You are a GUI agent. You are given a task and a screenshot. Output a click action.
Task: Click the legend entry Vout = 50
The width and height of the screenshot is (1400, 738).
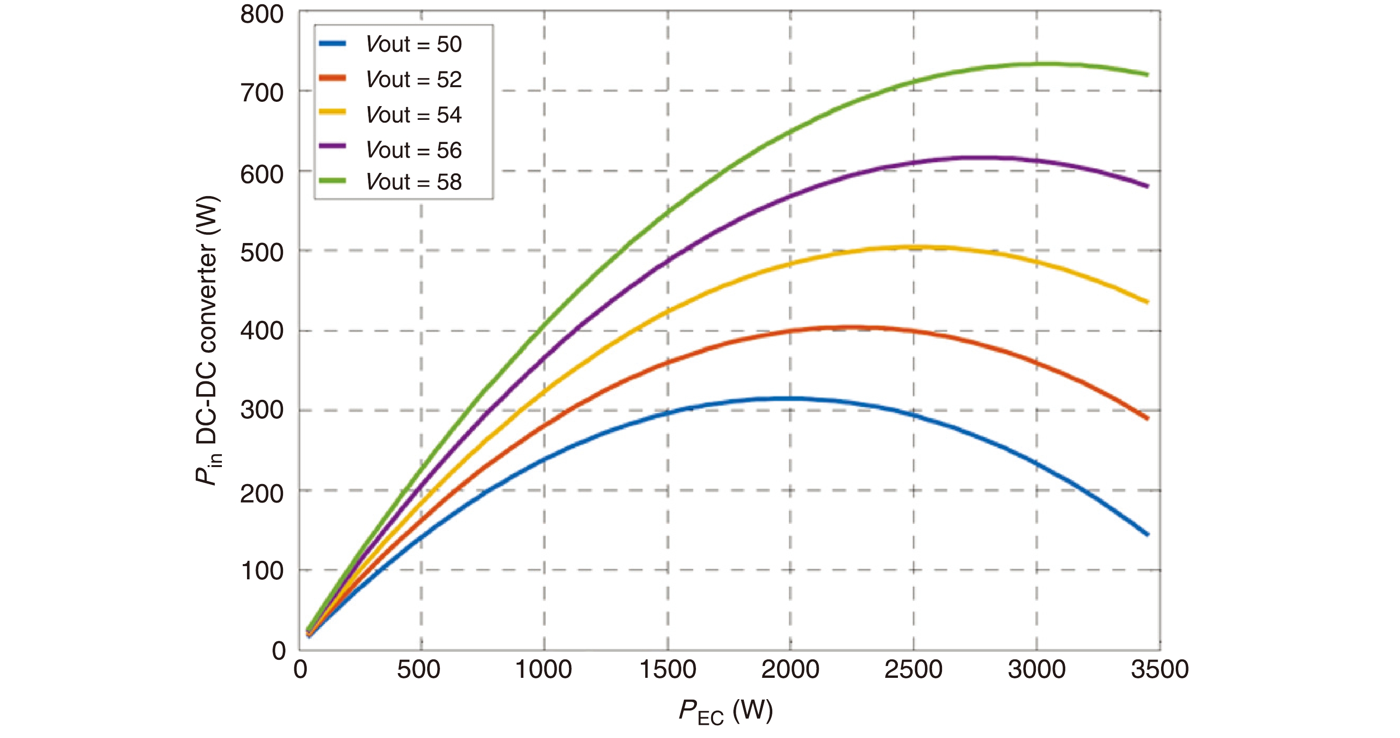(413, 44)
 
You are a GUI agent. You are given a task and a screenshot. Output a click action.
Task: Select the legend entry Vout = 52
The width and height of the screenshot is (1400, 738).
(413, 79)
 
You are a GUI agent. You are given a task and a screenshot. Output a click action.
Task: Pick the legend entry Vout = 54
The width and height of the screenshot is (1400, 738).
(413, 115)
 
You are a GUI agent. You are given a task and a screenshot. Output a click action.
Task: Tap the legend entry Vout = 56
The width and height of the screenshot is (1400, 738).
(413, 150)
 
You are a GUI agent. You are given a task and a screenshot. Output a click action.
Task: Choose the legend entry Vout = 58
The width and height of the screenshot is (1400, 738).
(413, 182)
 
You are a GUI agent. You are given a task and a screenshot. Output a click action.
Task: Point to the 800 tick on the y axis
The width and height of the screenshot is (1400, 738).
(262, 14)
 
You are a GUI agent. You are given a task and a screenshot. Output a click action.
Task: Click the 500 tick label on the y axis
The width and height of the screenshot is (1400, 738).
(262, 252)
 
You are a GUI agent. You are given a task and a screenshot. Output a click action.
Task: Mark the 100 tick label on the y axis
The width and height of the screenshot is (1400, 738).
(262, 571)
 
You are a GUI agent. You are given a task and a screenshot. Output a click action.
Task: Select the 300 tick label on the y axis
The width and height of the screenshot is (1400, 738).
(262, 410)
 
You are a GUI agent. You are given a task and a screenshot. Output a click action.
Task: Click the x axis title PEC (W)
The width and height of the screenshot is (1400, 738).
(725, 711)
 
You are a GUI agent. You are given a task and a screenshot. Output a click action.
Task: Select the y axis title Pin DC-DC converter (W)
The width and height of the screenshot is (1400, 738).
(208, 340)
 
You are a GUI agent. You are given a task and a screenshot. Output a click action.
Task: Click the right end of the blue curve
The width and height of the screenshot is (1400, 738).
(1147, 534)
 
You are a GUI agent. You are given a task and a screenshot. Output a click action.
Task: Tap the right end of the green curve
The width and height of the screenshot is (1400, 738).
(1147, 74)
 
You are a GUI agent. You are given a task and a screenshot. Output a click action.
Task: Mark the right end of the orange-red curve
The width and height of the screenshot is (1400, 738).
(1147, 418)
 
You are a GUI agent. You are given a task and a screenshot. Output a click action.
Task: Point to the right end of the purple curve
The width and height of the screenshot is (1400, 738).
(1147, 186)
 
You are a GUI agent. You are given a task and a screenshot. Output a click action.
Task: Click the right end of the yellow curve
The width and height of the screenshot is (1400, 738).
(1147, 302)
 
